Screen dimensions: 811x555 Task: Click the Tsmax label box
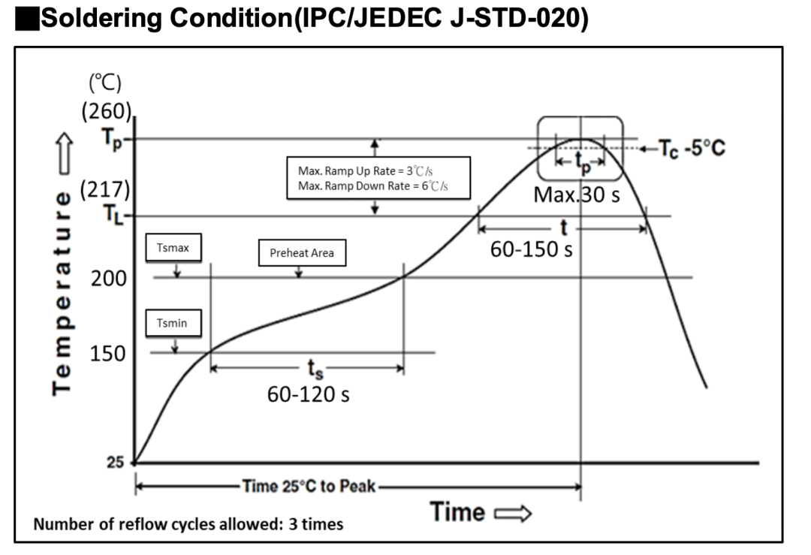pyautogui.click(x=173, y=247)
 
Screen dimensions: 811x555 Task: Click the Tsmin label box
pyautogui.click(x=173, y=323)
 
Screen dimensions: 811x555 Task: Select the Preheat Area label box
pyautogui.click(x=302, y=253)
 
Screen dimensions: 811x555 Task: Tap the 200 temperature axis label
pyautogui.click(x=109, y=279)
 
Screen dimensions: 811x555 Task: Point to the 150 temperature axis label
pyautogui.click(x=107, y=353)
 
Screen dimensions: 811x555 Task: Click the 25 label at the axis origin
pyautogui.click(x=116, y=462)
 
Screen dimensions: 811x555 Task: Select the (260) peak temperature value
pyautogui.click(x=107, y=111)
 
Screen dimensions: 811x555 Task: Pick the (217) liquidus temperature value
pyautogui.click(x=105, y=189)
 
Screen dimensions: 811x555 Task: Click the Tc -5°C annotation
pyautogui.click(x=692, y=149)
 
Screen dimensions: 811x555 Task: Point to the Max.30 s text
pyautogui.click(x=577, y=195)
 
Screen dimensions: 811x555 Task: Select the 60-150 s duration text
pyautogui.click(x=531, y=249)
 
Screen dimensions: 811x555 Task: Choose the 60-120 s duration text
pyautogui.click(x=309, y=394)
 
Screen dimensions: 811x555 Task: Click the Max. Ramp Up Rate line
pyautogui.click(x=365, y=170)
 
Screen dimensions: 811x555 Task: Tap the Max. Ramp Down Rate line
pyautogui.click(x=373, y=186)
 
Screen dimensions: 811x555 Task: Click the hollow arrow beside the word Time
pyautogui.click(x=513, y=514)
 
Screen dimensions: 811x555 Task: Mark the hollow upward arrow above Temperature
pyautogui.click(x=64, y=153)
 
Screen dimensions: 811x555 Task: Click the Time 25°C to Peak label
pyautogui.click(x=309, y=486)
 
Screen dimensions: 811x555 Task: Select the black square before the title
pyautogui.click(x=28, y=19)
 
